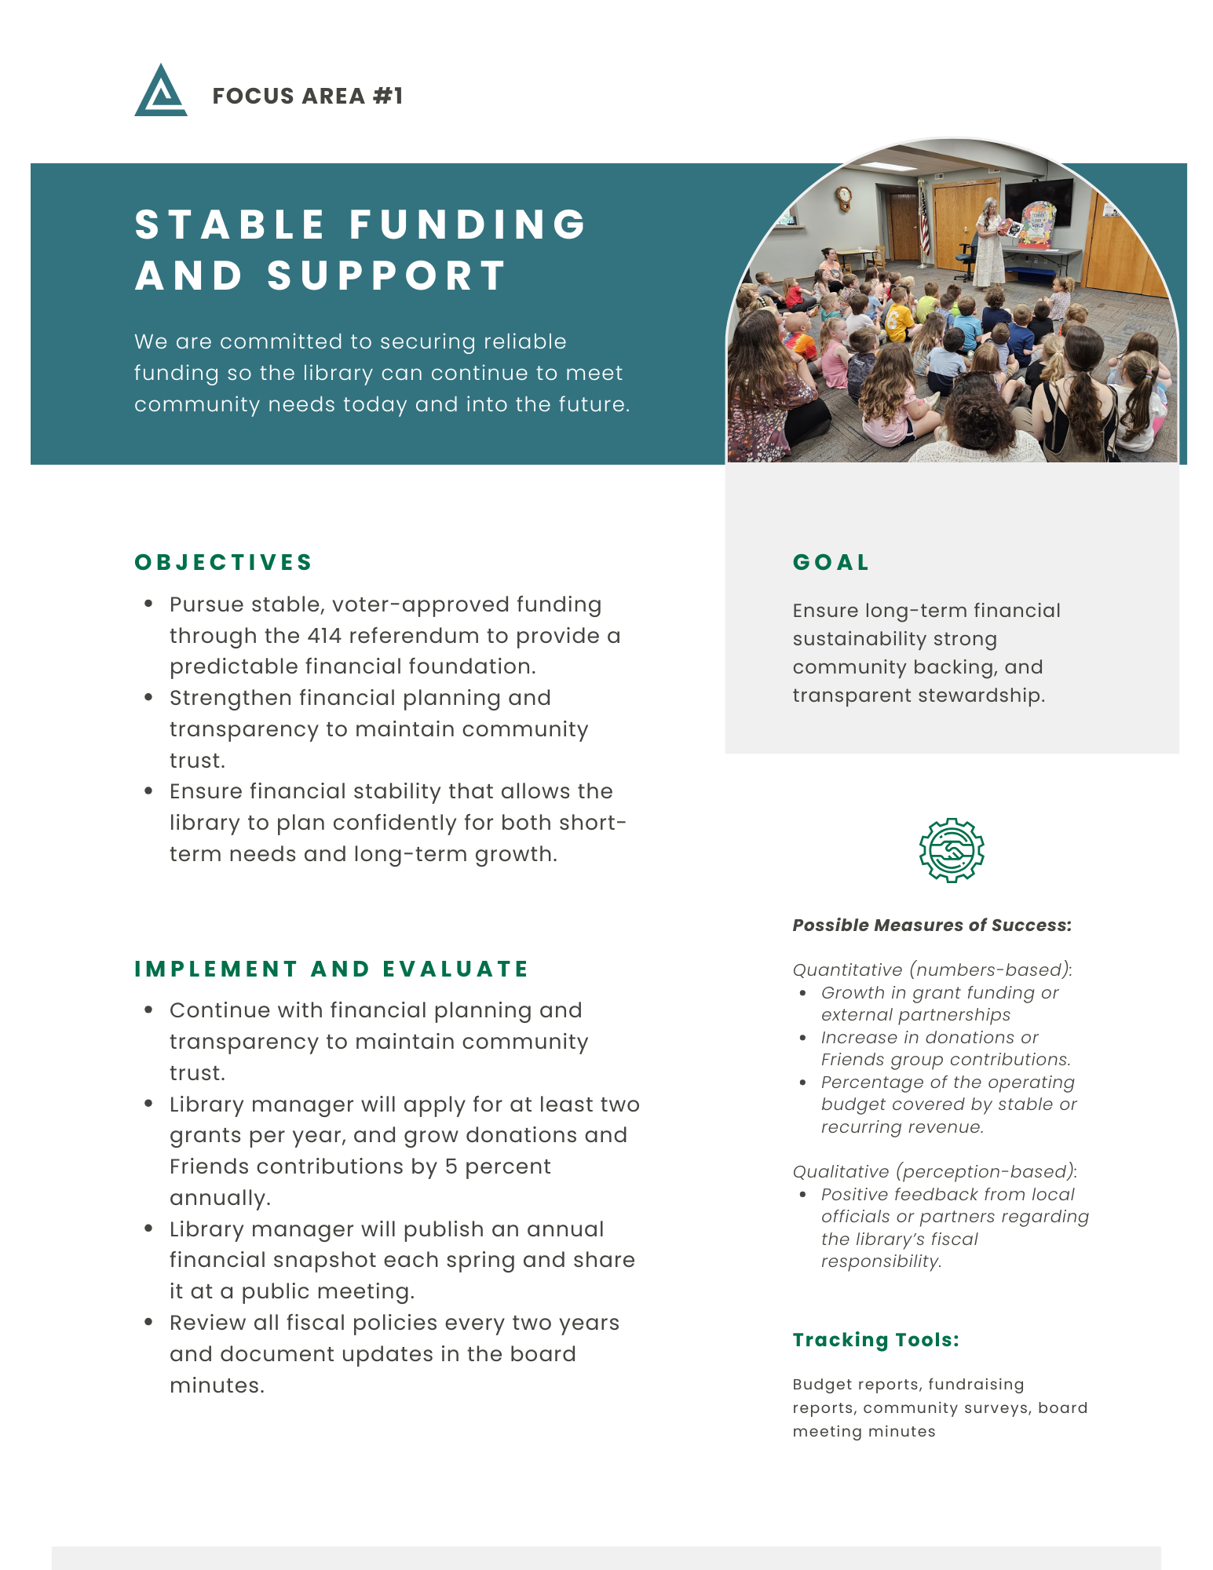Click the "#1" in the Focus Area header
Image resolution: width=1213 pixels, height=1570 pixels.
pos(388,96)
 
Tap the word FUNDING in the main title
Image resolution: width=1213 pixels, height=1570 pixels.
pos(468,225)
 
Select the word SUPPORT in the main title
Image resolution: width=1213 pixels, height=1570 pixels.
pos(387,276)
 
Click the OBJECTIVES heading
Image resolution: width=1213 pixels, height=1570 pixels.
pos(224,562)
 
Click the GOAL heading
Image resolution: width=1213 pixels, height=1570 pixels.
pos(831,562)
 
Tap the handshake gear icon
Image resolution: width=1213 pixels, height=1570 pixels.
pos(952,850)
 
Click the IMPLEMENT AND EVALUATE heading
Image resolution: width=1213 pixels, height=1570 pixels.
pos(332,969)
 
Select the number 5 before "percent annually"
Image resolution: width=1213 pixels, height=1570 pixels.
pos(451,1167)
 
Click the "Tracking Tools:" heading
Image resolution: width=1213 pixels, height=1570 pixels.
pos(875,1339)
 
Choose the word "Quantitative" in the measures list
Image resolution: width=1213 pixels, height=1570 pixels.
pos(847,969)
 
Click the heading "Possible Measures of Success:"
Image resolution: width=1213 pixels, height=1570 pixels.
pos(932,925)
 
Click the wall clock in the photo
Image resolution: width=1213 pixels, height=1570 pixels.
pos(843,196)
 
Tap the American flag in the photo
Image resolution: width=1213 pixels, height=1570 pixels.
pos(923,221)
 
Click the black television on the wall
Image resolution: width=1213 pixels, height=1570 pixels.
pos(1038,200)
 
